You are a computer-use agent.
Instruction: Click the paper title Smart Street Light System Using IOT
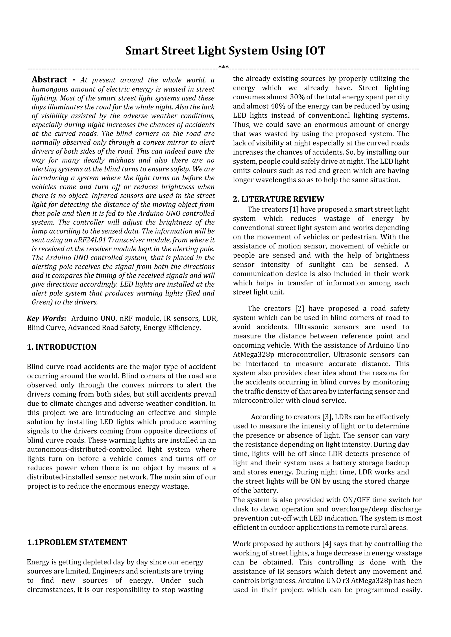click(x=225, y=51)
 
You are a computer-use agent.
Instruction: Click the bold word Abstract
click(x=50, y=80)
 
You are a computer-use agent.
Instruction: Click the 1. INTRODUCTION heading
click(x=62, y=347)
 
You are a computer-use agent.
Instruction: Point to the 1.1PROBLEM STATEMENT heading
click(x=77, y=542)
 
